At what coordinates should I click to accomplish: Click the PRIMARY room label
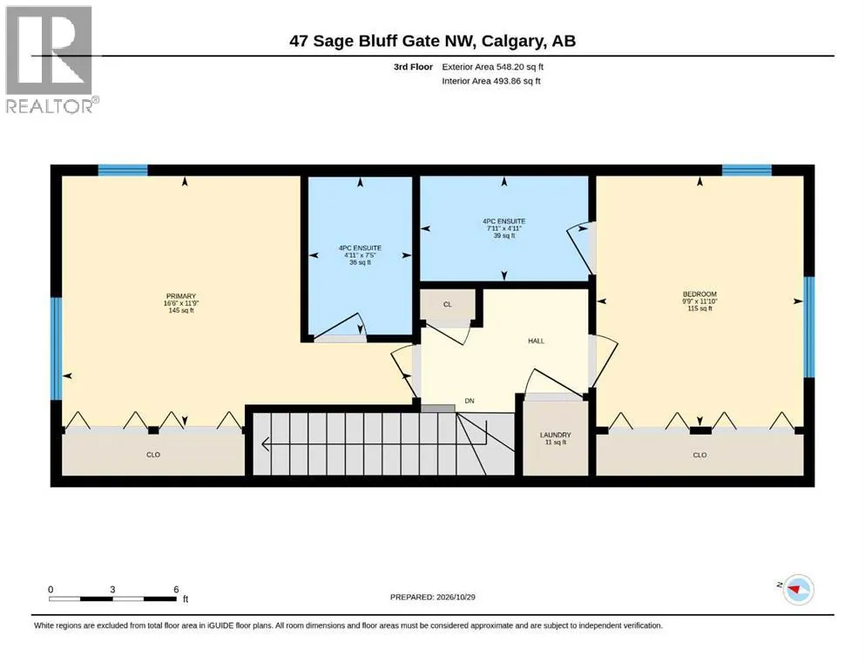tap(181, 296)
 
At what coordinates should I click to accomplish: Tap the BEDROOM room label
tap(699, 294)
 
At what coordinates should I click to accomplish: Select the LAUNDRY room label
tap(556, 435)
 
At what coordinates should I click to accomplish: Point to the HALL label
tap(537, 341)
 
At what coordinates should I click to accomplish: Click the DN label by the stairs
tap(470, 401)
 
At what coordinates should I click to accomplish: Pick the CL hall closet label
tap(448, 304)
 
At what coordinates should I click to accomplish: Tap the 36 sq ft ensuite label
tap(361, 262)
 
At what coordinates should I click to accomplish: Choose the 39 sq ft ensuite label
tap(504, 235)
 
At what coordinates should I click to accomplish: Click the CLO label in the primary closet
tap(153, 455)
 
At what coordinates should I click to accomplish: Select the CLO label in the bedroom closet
tap(699, 455)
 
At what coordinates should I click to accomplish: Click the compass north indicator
tap(798, 590)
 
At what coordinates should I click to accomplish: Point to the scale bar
tap(113, 598)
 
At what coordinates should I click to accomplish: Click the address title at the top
tap(432, 41)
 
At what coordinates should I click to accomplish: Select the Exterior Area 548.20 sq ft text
tap(493, 67)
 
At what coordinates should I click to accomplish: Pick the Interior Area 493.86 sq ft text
tap(491, 81)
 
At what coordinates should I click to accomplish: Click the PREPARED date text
tap(432, 597)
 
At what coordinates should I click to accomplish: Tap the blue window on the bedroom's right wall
tap(808, 327)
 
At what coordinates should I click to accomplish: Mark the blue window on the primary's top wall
tap(123, 170)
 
